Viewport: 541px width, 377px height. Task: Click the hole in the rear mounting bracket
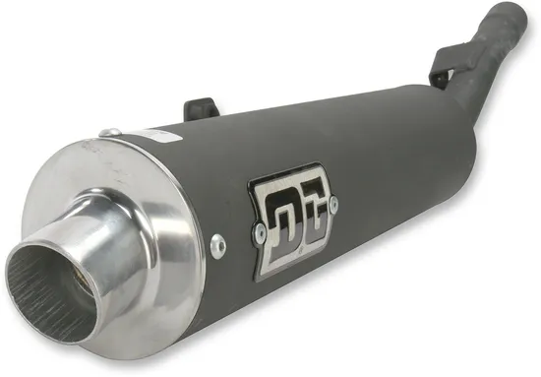[x=437, y=70]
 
